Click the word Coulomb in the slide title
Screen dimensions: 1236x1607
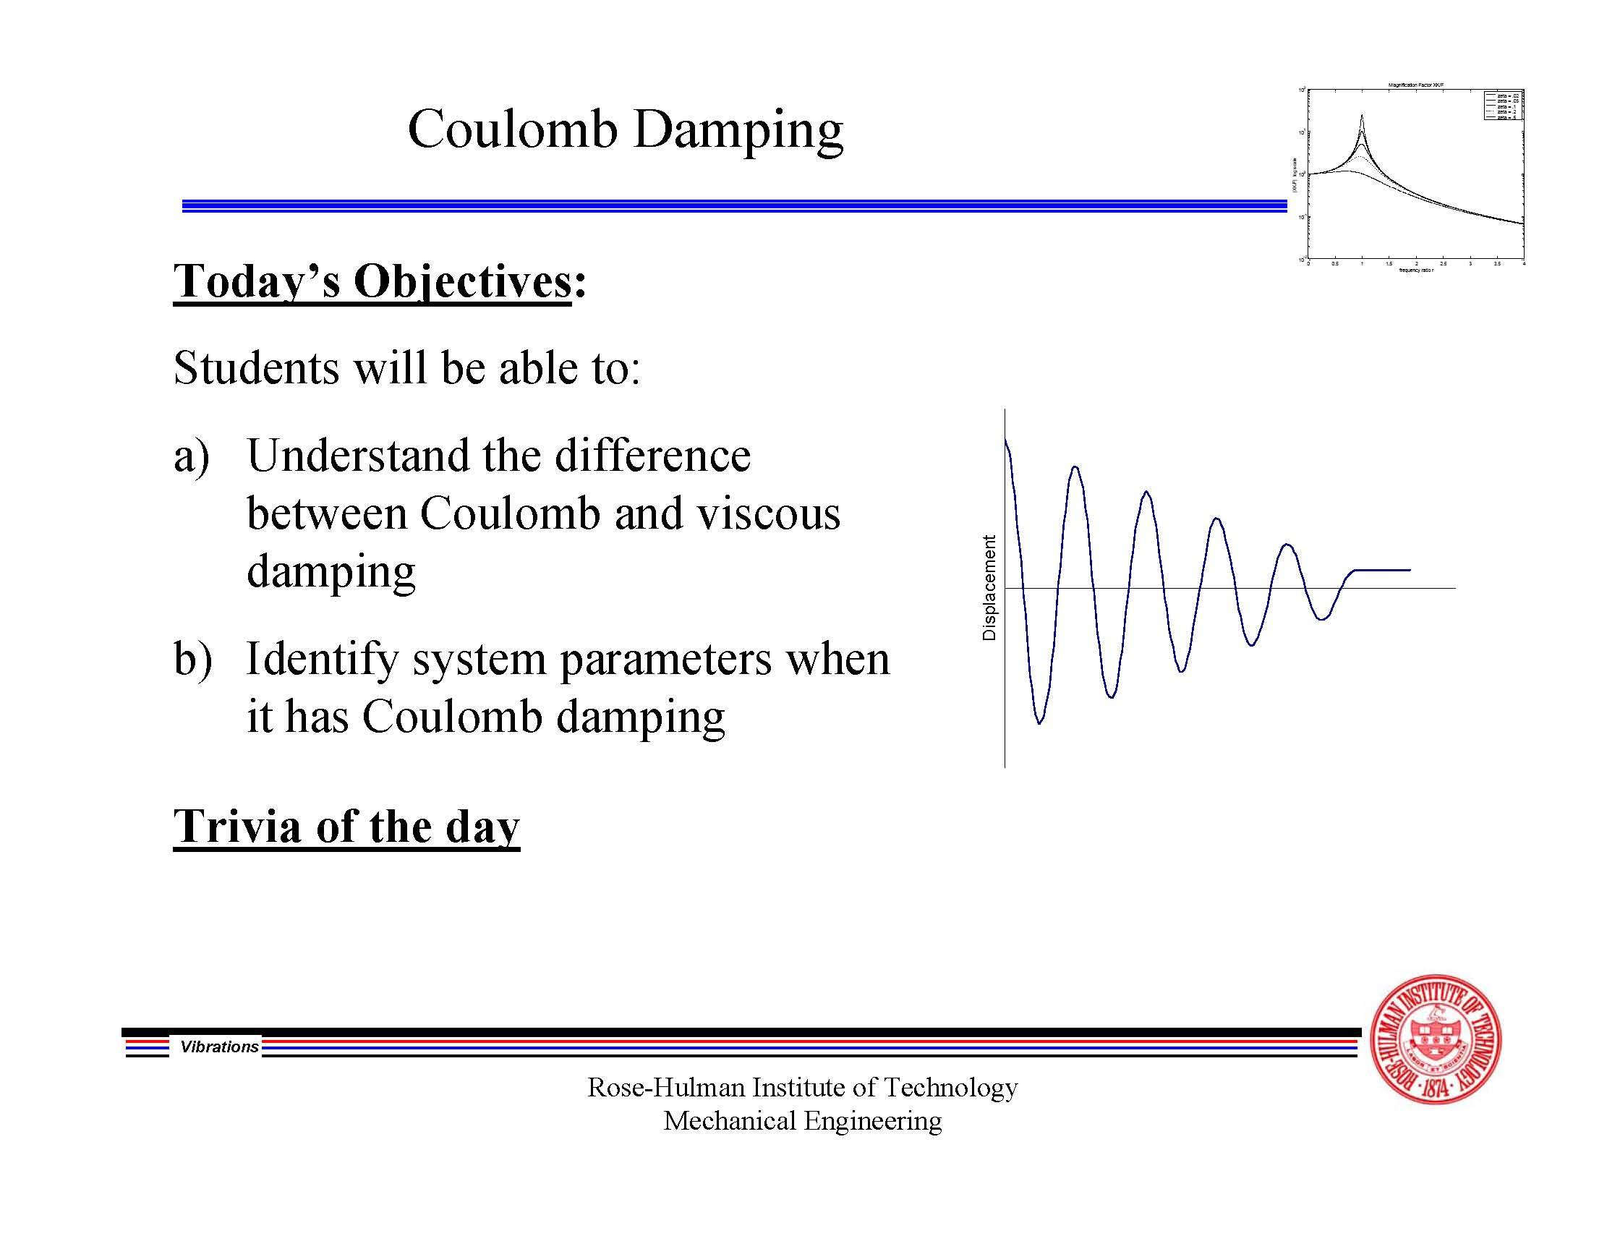pyautogui.click(x=512, y=129)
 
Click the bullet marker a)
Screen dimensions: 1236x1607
pyautogui.click(x=192, y=456)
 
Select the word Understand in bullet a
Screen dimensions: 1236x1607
pyautogui.click(x=357, y=456)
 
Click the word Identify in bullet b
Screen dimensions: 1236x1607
pyautogui.click(x=322, y=660)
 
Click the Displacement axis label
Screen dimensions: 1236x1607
pyautogui.click(x=989, y=587)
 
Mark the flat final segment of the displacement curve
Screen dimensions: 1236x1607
pyautogui.click(x=1382, y=570)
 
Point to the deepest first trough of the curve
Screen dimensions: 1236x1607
pyautogui.click(x=1039, y=723)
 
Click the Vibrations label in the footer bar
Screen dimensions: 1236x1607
pyautogui.click(x=219, y=1047)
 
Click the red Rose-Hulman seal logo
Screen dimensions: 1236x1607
pyautogui.click(x=1436, y=1039)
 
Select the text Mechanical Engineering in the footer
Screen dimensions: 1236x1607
pyautogui.click(x=802, y=1121)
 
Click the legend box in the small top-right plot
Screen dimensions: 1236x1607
pyautogui.click(x=1504, y=105)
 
